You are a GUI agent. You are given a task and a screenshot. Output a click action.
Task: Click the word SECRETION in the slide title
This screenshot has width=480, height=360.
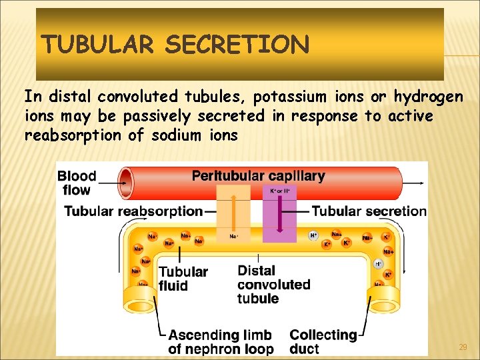[237, 45]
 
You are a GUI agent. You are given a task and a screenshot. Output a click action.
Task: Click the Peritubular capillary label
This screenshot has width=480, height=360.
[258, 176]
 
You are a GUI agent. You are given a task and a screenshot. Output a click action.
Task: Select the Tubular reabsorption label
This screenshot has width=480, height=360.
[133, 211]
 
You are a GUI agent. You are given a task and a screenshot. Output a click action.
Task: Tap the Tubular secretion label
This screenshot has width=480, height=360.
[369, 211]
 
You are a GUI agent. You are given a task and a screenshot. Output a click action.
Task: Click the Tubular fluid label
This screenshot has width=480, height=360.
[183, 279]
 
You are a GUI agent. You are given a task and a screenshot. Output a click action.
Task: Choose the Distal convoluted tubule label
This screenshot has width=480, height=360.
[273, 285]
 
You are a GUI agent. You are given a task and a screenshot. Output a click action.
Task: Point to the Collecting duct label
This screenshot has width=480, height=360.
[323, 341]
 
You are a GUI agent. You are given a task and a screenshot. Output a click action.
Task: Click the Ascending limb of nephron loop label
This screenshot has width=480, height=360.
[221, 341]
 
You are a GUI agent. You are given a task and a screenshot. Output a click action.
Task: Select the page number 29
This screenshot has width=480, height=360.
[463, 347]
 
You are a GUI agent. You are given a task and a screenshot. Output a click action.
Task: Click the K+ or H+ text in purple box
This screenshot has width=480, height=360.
[279, 191]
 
